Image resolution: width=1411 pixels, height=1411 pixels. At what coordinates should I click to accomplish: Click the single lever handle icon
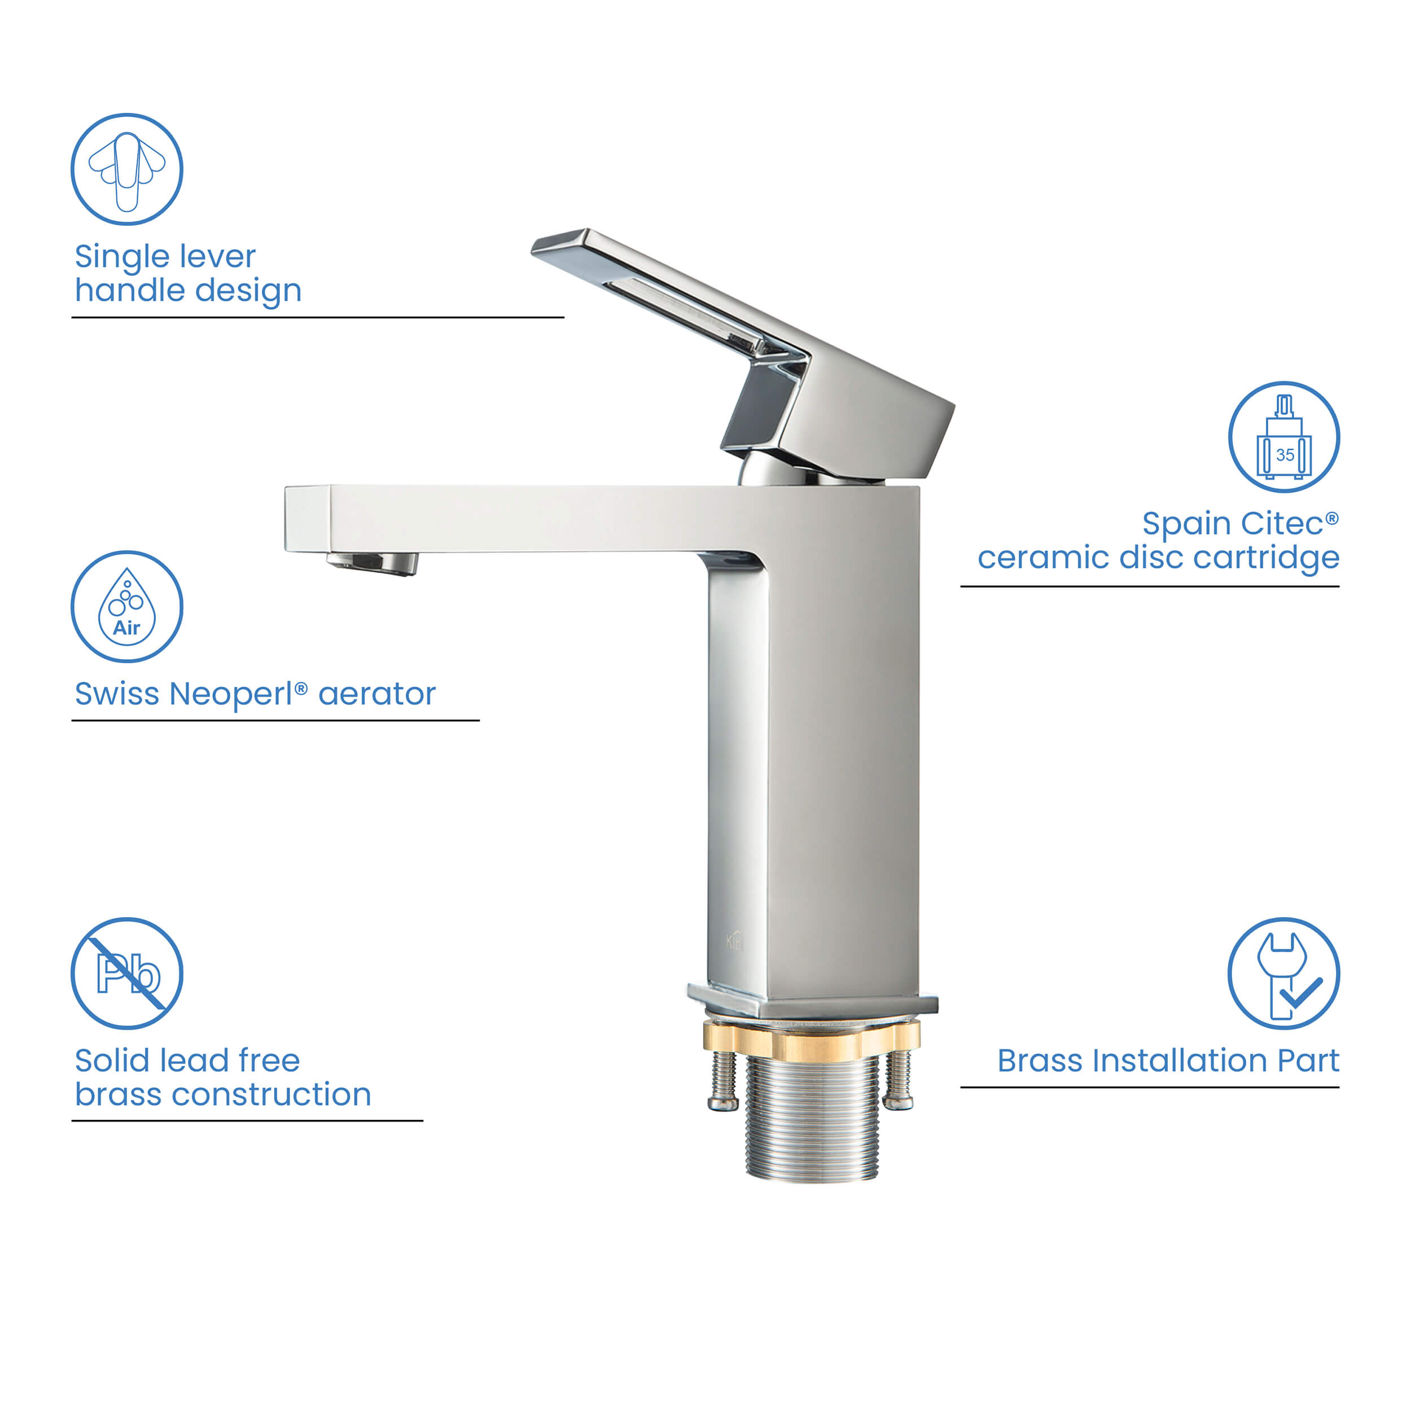click(x=126, y=169)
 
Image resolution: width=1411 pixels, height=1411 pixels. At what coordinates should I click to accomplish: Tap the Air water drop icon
click(x=126, y=606)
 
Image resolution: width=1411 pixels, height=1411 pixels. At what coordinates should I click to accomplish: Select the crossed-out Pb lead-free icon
click(x=126, y=973)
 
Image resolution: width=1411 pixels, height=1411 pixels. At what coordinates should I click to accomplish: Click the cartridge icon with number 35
click(x=1283, y=437)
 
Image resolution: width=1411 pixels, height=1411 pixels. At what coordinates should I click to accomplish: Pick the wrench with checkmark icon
click(x=1283, y=973)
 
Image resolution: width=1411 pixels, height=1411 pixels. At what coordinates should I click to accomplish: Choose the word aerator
click(x=377, y=694)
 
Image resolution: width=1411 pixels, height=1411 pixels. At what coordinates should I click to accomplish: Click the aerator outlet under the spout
click(x=373, y=563)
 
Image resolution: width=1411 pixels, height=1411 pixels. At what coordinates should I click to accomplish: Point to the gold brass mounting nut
click(x=812, y=1041)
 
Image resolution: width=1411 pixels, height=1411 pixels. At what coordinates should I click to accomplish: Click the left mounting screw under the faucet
click(x=723, y=1080)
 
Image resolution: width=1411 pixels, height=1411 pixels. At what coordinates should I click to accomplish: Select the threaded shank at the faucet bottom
click(x=812, y=1118)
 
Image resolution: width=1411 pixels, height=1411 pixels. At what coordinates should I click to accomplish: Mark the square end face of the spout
click(x=306, y=518)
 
